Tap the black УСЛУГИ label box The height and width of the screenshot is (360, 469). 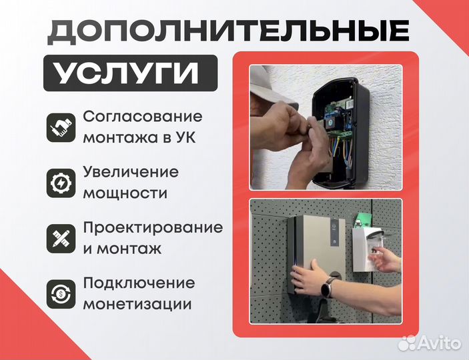coord(131,73)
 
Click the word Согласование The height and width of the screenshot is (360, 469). coord(142,116)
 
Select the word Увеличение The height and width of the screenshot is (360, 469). coord(131,171)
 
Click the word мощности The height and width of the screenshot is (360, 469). coord(125,194)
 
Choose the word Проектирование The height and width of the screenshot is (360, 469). coord(153,227)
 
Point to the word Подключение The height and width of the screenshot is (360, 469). coord(139,282)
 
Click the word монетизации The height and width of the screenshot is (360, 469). coord(138,305)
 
